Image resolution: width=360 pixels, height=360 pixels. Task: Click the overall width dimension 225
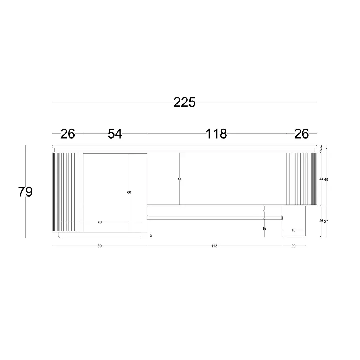185,102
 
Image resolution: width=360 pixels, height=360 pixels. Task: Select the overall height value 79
25,192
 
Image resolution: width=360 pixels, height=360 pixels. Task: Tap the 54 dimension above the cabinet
115,134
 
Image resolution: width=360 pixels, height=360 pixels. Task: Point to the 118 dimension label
216,134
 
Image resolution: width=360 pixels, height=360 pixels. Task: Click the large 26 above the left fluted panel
67,134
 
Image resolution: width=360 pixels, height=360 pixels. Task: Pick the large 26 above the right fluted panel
301,134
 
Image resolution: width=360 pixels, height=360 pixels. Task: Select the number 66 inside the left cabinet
129,192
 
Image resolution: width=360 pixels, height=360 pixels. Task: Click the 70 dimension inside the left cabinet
99,222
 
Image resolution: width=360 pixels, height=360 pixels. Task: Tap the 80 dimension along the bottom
99,246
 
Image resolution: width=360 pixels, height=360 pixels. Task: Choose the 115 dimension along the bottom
214,246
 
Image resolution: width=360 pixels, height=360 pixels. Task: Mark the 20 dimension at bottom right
294,246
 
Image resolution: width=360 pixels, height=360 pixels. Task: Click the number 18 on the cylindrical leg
294,230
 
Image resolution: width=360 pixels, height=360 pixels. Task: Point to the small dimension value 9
264,211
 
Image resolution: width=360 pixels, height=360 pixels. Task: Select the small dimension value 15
264,229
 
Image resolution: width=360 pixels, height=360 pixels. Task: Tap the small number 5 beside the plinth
151,235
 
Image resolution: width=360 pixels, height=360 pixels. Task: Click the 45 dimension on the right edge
326,180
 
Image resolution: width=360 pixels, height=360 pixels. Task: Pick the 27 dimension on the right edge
326,221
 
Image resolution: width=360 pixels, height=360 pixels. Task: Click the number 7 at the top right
326,149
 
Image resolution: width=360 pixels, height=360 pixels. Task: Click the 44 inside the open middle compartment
180,179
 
